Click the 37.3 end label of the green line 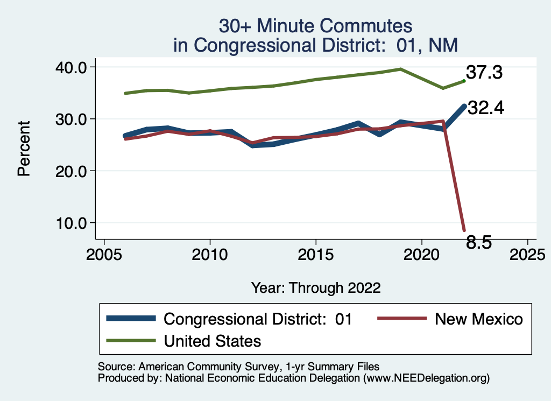pyautogui.click(x=484, y=72)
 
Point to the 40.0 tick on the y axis pyautogui.click(x=72, y=67)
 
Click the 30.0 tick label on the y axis pyautogui.click(x=72, y=119)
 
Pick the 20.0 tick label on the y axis pyautogui.click(x=72, y=171)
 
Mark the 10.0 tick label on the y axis pyautogui.click(x=72, y=223)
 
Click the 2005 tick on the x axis pyautogui.click(x=104, y=253)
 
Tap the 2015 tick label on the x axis pyautogui.click(x=315, y=253)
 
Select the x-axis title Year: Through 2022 pyautogui.click(x=316, y=287)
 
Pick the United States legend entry pyautogui.click(x=212, y=341)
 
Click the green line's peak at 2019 pyautogui.click(x=400, y=69)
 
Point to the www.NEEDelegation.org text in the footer pyautogui.click(x=426, y=378)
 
